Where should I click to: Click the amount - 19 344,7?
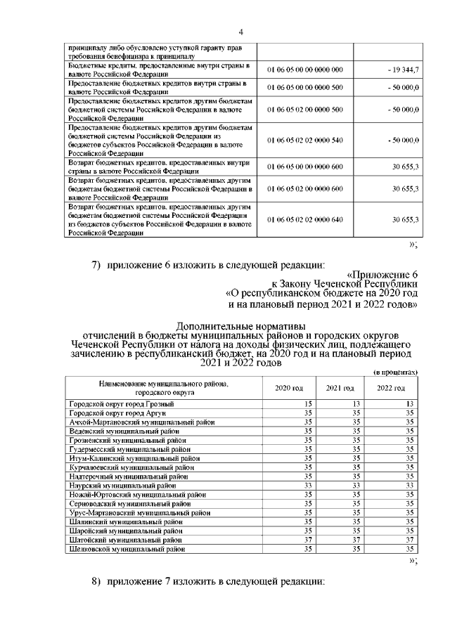point(404,70)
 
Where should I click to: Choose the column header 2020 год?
point(288,389)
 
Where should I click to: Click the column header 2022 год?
point(391,389)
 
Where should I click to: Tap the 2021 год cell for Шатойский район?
point(356,540)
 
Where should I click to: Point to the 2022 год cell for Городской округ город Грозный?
point(410,403)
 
